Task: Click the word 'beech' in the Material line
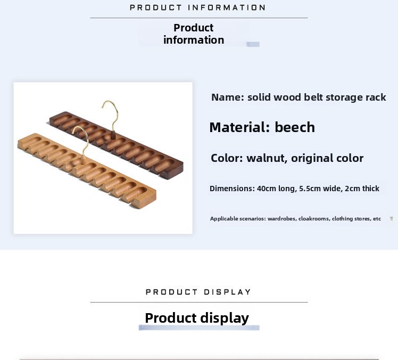[x=295, y=127]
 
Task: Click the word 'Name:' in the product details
[x=228, y=97]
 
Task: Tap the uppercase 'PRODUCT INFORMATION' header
[x=198, y=7]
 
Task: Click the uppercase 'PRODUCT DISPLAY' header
[x=198, y=292]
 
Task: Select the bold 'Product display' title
[x=197, y=318]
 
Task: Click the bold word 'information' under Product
[x=194, y=40]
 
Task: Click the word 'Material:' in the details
[x=240, y=127]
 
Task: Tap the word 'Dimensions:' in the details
[x=232, y=189]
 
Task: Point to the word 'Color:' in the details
[x=227, y=158]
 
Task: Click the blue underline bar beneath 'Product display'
[x=199, y=328]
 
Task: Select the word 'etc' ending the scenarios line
[x=377, y=219]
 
